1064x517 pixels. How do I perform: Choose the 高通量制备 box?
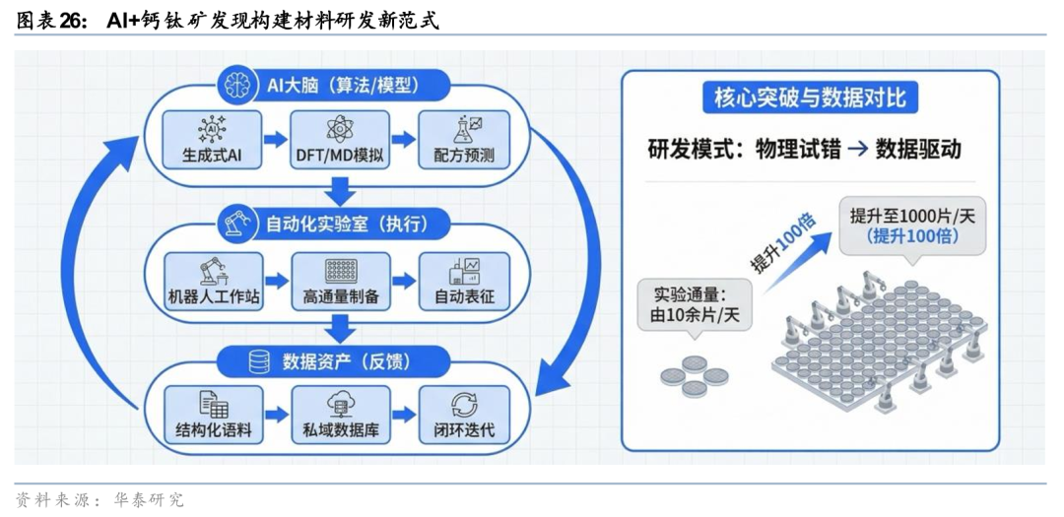pos(340,281)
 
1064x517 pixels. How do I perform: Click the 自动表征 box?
pos(464,281)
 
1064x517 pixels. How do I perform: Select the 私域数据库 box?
pos(340,417)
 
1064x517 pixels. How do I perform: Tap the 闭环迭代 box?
pos(464,417)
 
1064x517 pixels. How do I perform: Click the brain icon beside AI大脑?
pos(236,86)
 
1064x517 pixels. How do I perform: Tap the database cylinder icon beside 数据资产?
pos(259,361)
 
